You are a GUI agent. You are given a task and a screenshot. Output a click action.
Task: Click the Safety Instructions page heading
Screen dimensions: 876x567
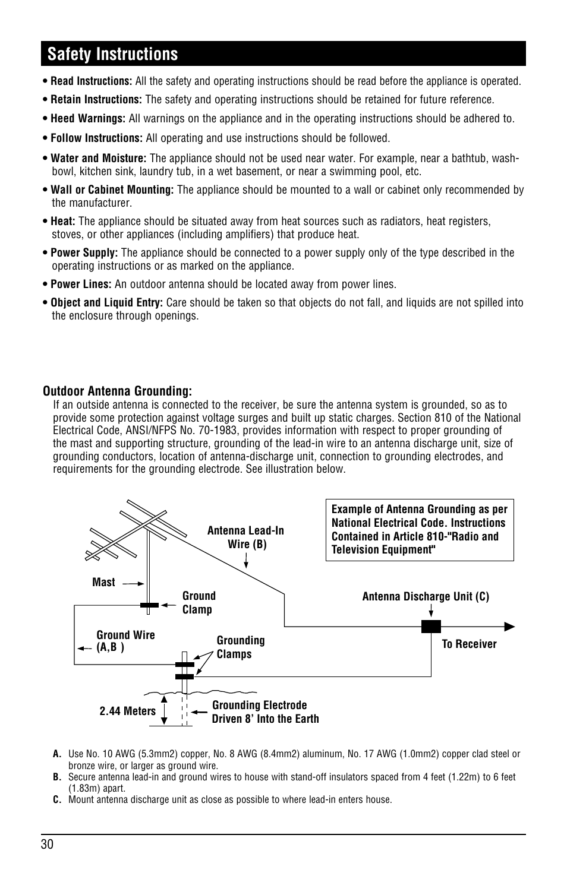(113, 54)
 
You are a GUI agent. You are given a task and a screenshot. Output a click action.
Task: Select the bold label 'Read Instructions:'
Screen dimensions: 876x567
(91, 81)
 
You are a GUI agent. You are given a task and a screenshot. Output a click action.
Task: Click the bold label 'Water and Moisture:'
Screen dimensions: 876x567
(98, 158)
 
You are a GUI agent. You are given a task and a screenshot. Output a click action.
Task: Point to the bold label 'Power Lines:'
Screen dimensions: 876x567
(81, 284)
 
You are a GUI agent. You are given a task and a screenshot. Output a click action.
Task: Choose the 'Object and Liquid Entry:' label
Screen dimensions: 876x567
(106, 303)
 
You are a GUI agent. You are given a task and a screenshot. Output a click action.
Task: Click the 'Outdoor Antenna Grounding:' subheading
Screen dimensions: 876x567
(117, 391)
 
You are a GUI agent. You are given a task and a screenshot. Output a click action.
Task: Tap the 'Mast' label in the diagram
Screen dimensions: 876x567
(103, 583)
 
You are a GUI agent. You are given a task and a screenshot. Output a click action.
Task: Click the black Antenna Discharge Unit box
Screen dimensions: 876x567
(431, 626)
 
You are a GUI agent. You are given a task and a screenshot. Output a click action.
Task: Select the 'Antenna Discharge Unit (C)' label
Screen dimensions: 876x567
(426, 597)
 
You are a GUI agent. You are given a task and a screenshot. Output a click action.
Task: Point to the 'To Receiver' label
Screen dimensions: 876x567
(469, 644)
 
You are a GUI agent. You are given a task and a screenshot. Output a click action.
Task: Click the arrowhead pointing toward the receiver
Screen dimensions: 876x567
(509, 626)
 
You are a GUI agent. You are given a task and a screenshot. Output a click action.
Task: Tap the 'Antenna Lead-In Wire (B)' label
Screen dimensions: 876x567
(245, 537)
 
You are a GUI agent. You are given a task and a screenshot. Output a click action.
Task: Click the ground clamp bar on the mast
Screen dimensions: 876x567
(149, 605)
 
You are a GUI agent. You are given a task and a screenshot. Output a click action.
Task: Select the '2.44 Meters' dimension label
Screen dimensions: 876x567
(128, 711)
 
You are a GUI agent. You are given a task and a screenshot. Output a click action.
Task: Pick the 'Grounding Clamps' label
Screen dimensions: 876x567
(240, 647)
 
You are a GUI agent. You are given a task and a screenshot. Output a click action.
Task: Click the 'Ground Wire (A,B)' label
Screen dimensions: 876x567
(125, 641)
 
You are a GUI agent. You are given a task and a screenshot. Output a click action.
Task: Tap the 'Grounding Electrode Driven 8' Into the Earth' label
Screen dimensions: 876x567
(265, 712)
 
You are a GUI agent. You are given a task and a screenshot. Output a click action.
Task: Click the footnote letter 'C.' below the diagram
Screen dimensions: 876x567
(57, 799)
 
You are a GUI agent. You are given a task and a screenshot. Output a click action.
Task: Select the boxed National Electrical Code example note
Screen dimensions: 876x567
(420, 530)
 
